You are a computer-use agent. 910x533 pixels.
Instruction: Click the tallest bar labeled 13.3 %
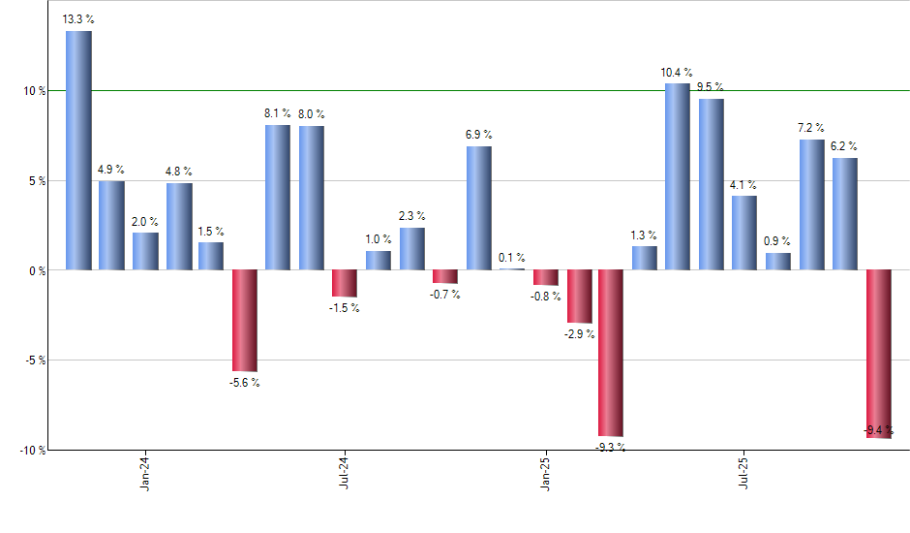coord(78,150)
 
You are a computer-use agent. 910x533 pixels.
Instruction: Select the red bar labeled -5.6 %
coord(244,320)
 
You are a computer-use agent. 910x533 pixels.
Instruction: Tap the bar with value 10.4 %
coord(678,176)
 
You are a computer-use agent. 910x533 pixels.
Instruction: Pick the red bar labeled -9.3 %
coord(611,353)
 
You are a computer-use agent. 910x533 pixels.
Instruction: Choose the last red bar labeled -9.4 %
coord(878,354)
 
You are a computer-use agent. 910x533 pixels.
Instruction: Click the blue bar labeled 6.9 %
coord(478,207)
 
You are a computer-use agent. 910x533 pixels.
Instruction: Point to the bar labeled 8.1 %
coord(278,197)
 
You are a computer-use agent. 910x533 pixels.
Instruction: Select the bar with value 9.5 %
coord(711,184)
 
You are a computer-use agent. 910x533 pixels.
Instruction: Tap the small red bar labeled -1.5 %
coord(345,283)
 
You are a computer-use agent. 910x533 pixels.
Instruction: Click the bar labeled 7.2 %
coord(811,204)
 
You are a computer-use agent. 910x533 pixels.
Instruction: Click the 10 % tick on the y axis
coord(35,91)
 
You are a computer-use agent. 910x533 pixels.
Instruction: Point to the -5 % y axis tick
coord(35,361)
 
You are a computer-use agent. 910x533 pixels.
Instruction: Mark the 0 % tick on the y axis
coord(37,270)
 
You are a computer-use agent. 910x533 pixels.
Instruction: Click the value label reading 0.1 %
coord(512,258)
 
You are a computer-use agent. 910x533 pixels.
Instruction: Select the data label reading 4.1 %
coord(744,185)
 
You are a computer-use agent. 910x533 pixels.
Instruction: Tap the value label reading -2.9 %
coord(580,334)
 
